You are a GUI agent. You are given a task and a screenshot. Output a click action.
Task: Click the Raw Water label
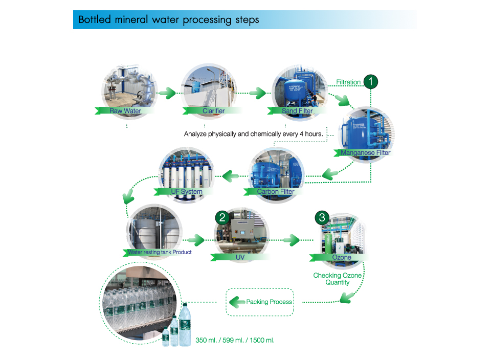point(125,110)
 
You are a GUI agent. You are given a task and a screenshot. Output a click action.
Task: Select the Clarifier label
point(213,110)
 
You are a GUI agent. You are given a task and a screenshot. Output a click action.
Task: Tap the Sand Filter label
point(297,110)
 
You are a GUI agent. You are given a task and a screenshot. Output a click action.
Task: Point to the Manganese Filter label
point(365,152)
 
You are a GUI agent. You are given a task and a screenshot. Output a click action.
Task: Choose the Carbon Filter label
point(275,192)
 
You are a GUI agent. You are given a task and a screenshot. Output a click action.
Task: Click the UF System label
point(186,192)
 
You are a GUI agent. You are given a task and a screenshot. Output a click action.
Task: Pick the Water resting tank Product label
point(159,252)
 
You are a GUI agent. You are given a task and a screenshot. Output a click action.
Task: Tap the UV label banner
point(240,257)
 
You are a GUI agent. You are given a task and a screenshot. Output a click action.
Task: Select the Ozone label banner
point(342,257)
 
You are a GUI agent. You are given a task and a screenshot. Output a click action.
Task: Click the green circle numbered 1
point(371,81)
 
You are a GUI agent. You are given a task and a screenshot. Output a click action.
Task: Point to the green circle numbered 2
point(222,217)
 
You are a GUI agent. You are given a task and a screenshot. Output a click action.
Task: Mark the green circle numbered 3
point(321,217)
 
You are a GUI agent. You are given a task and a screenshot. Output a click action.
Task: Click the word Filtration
point(348,82)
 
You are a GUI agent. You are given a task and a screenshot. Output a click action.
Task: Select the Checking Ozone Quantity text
point(338,279)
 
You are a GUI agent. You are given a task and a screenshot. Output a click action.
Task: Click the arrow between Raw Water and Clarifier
point(167,94)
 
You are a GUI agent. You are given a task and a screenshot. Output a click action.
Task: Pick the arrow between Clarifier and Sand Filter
point(258,94)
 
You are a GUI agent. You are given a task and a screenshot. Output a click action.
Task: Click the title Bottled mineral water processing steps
point(169,20)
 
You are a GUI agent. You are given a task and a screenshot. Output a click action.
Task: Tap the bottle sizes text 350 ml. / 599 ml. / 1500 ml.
point(235,340)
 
